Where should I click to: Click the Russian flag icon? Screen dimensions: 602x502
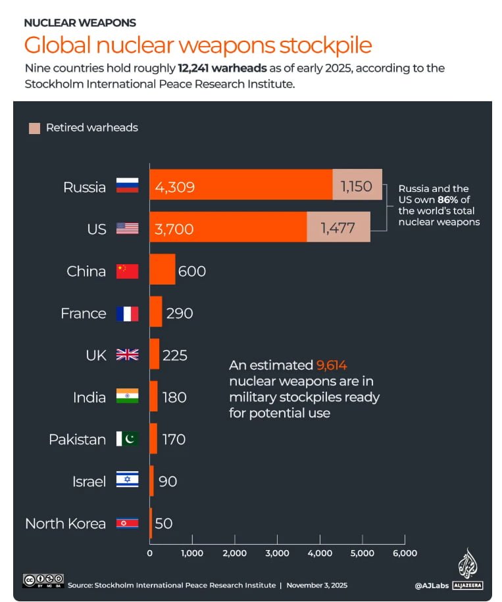click(x=128, y=187)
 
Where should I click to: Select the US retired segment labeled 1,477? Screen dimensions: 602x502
click(x=338, y=228)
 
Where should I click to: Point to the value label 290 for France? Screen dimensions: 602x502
click(x=180, y=313)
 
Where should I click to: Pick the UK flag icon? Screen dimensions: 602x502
click(x=128, y=355)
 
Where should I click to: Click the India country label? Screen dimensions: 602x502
click(x=89, y=397)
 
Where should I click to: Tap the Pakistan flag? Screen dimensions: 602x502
click(x=128, y=439)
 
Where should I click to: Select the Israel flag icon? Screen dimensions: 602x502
click(x=128, y=481)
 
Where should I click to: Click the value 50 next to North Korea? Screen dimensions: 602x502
click(x=164, y=523)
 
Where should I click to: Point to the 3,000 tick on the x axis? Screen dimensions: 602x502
click(x=277, y=553)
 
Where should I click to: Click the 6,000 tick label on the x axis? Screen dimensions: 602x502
click(x=404, y=553)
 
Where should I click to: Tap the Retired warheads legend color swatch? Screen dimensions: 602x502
click(x=34, y=127)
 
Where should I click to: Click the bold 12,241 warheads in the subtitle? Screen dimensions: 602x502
click(x=221, y=68)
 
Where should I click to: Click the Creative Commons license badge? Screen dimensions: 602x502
click(x=43, y=580)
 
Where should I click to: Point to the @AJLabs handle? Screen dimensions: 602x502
click(x=431, y=585)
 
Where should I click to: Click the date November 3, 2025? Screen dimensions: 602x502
click(x=316, y=585)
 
